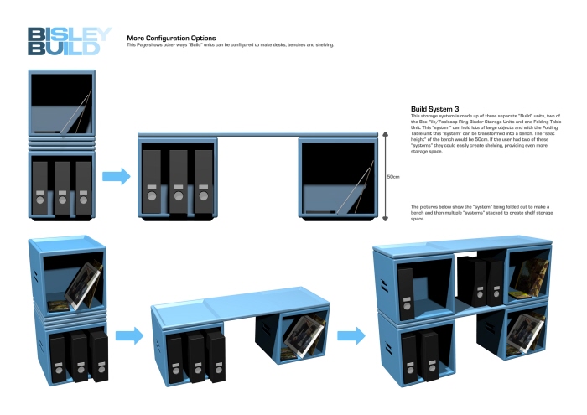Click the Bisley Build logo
(68, 40)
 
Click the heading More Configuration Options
(171, 38)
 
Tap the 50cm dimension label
(392, 178)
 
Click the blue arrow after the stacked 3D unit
(129, 336)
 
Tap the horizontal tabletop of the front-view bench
(260, 134)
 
